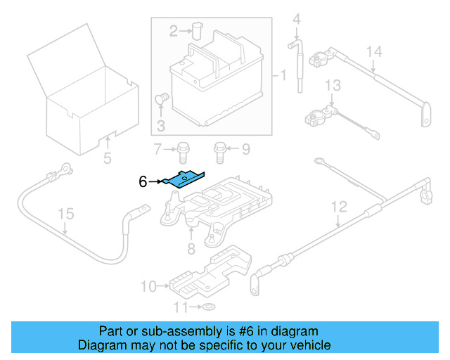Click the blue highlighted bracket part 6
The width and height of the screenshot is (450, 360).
point(182,180)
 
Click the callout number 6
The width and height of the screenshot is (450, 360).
point(143,181)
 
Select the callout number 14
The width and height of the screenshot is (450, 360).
point(374,51)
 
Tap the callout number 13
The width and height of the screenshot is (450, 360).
point(332,85)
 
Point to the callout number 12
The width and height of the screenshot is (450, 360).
point(339,207)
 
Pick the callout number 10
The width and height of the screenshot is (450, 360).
point(148,285)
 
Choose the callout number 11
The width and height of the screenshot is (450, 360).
point(179,308)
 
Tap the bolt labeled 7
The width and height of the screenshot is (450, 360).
point(184,149)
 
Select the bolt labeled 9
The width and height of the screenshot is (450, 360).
point(219,149)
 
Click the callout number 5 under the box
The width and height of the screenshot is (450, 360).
point(107,157)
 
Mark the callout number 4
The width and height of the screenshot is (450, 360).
point(297,18)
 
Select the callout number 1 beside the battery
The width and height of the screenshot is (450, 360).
point(283,75)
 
